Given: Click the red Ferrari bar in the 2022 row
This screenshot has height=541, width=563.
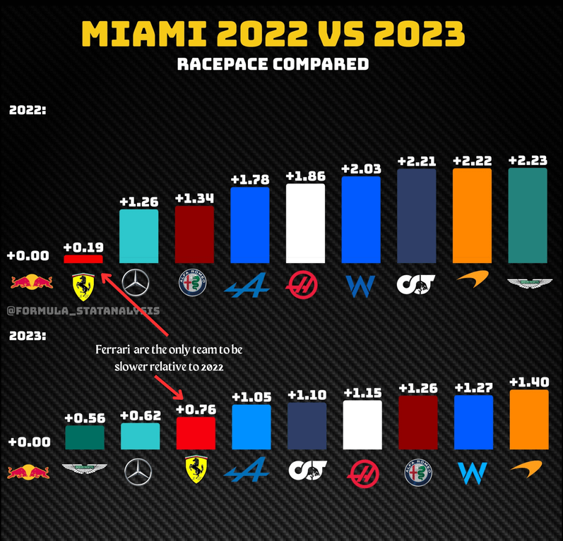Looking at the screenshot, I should click(83, 259).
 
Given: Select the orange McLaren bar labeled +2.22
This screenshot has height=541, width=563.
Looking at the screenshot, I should click(472, 216).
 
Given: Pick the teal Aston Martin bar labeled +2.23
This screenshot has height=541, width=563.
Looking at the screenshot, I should click(528, 216).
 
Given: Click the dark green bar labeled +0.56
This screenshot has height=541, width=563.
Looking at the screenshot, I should click(84, 437).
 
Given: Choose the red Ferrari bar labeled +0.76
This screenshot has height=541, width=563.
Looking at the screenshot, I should click(196, 433).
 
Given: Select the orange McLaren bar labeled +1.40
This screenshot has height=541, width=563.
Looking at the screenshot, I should click(528, 420).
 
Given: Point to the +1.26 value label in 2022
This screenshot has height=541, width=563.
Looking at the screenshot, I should click(138, 202).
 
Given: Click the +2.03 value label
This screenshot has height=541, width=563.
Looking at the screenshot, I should click(360, 169).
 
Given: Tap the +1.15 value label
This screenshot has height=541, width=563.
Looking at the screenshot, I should click(362, 391).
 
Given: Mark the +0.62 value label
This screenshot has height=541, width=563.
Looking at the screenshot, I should click(140, 416).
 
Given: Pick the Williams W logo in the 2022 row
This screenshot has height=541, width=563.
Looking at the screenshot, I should click(361, 285).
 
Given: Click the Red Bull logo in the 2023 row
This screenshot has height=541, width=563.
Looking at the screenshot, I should click(29, 471).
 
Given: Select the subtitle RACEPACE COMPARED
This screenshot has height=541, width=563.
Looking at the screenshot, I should click(273, 64).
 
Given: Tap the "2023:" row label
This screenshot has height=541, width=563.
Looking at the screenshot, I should click(28, 336).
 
